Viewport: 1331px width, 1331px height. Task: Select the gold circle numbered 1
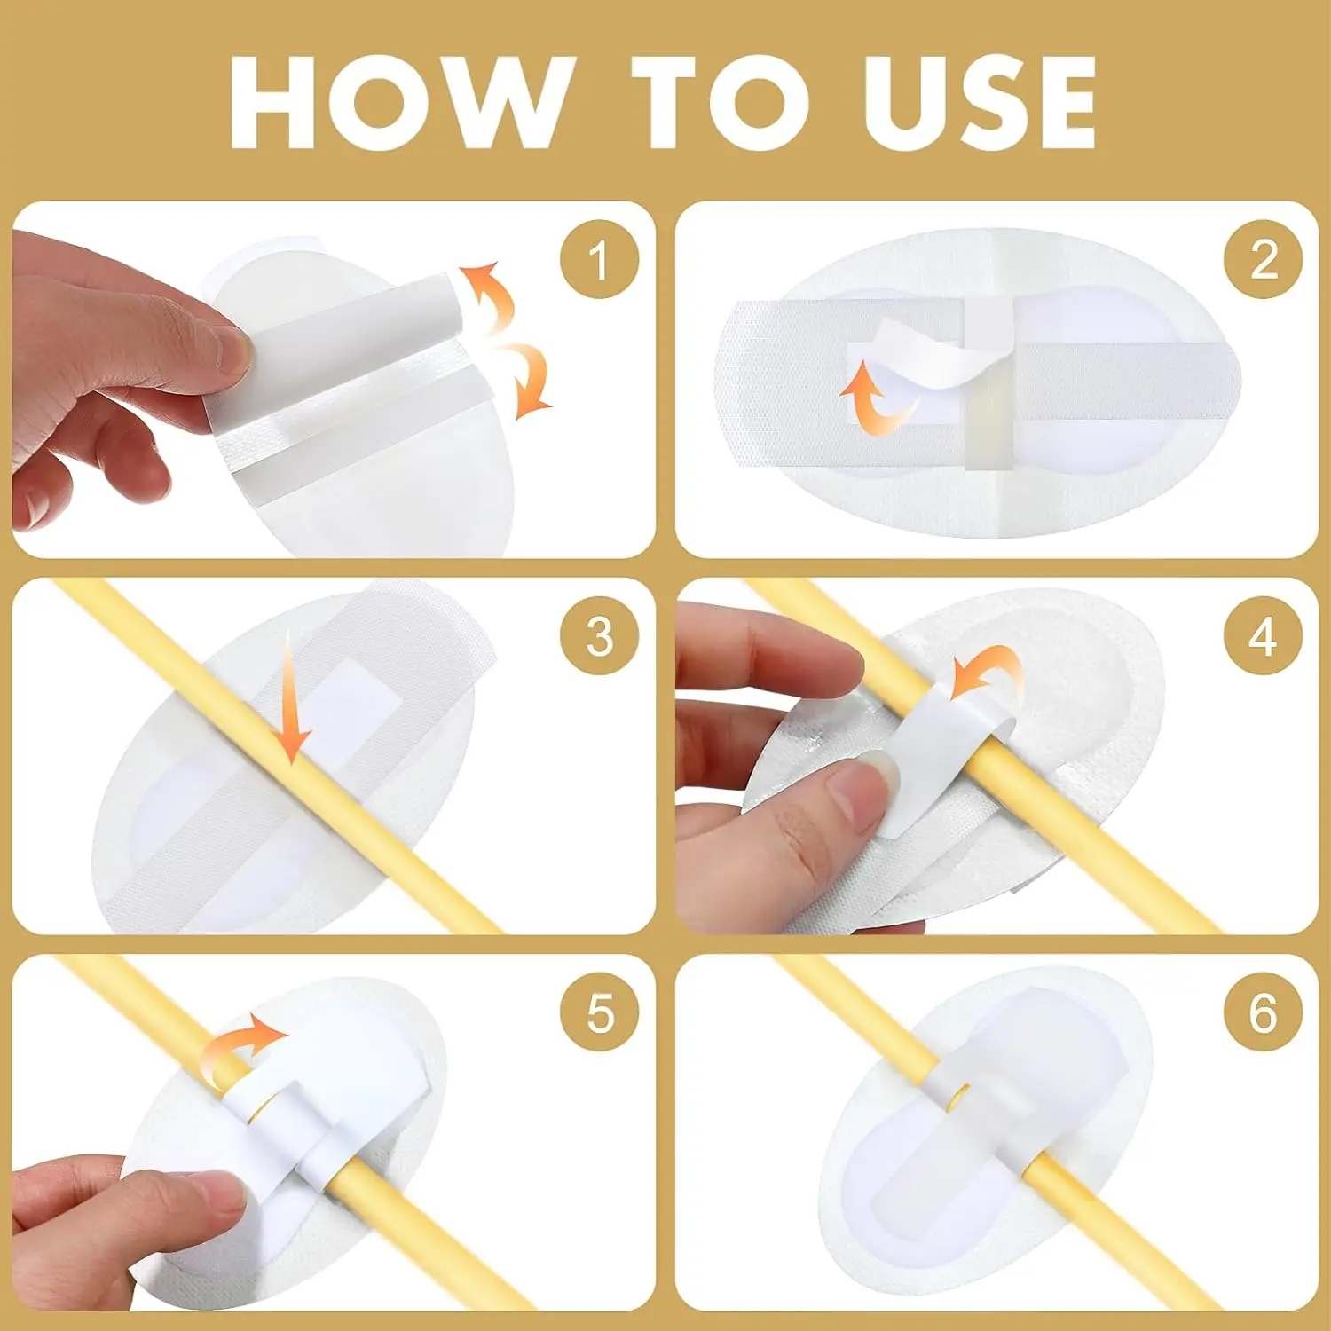coord(599,259)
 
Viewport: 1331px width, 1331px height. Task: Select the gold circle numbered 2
coord(1263,259)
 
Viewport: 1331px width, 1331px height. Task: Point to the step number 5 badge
coord(599,1012)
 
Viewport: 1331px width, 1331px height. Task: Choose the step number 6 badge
coord(1263,1012)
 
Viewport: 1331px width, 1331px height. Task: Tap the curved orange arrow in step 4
coord(985,674)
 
